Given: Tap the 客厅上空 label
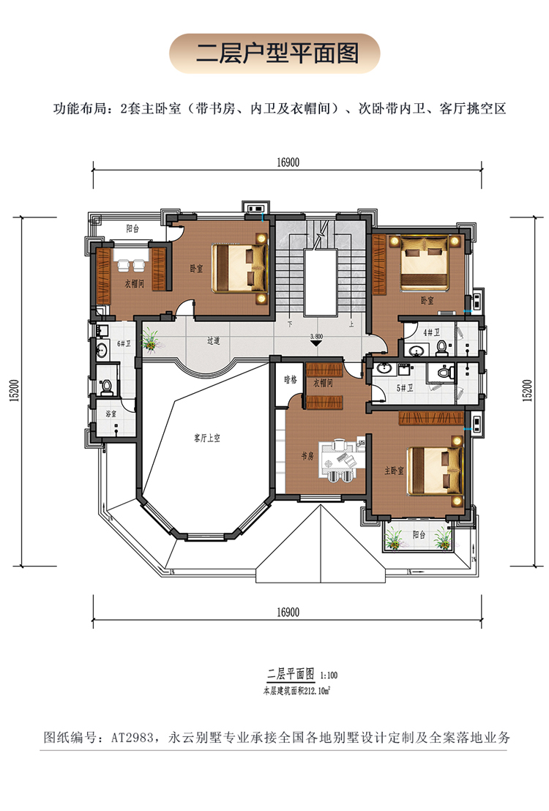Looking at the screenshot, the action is click(207, 438).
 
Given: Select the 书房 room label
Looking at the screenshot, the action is click(307, 456).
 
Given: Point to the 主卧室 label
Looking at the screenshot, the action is click(395, 471).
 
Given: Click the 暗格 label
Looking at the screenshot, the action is click(291, 379).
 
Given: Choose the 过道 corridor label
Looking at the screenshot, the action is click(214, 341).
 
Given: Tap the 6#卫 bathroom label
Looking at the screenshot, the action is click(124, 343).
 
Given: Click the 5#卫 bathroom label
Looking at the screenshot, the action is click(405, 387).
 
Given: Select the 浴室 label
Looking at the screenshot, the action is click(111, 414).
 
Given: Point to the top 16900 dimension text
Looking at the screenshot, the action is click(288, 162).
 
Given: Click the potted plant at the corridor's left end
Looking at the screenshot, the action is click(152, 341).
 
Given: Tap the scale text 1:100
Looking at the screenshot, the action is click(329, 675).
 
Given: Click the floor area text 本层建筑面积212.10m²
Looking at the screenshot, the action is click(297, 690).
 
